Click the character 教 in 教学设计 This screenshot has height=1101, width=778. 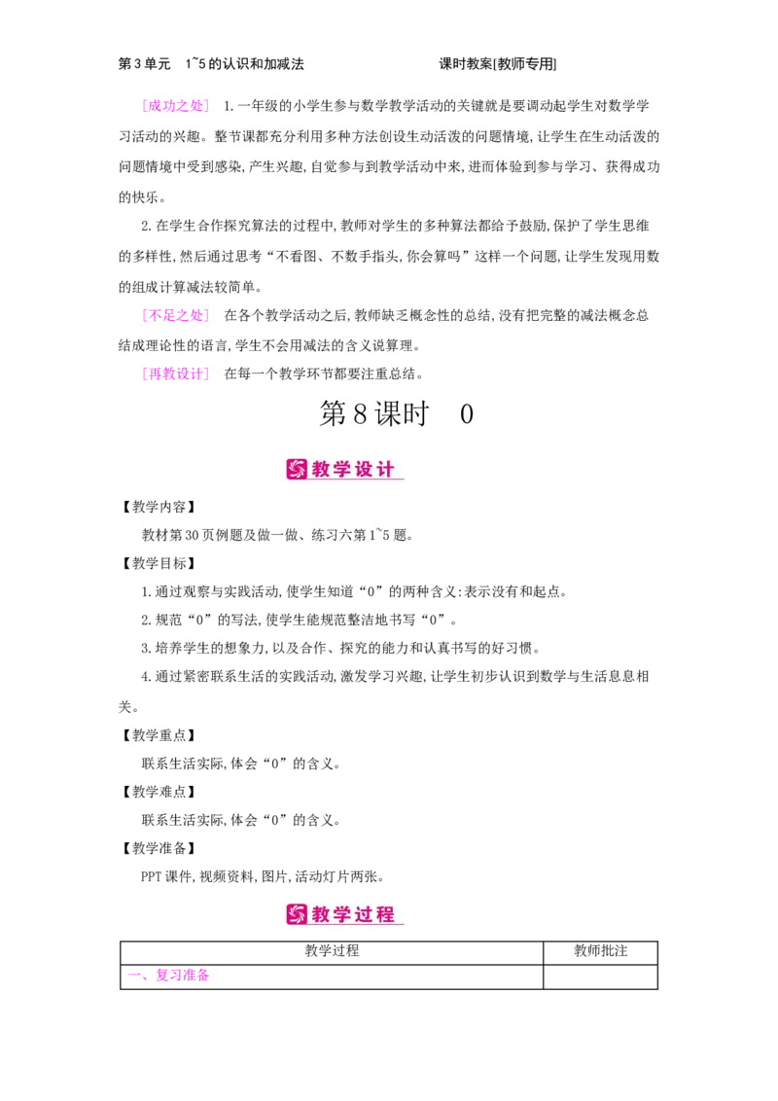click(323, 470)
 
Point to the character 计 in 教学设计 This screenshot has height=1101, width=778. click(387, 470)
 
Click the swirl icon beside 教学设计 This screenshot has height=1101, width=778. click(297, 470)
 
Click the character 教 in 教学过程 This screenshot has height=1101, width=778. click(323, 914)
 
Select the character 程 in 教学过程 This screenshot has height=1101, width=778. click(387, 914)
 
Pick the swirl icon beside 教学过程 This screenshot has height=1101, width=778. click(297, 914)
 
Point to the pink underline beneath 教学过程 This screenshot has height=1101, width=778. click(345, 925)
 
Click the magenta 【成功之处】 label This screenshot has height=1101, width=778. click(175, 105)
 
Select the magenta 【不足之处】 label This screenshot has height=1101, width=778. click(175, 315)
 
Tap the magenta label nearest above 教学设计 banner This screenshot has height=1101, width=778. click(175, 373)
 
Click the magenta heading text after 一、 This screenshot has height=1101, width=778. click(182, 976)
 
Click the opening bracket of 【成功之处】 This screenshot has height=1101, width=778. click(144, 105)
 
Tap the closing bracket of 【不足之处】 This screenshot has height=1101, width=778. click(206, 315)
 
